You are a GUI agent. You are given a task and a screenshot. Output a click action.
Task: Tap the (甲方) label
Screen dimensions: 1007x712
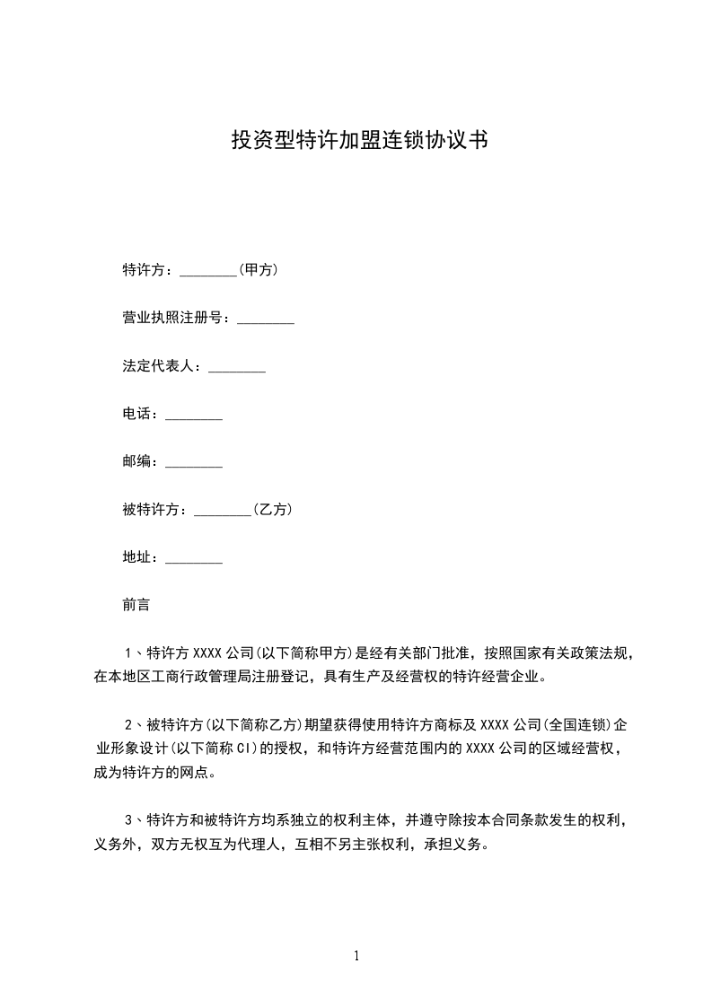click(x=258, y=269)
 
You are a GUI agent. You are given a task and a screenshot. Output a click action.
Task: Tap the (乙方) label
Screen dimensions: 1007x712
click(x=272, y=510)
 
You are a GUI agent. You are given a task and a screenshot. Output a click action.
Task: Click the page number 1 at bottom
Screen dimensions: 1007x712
click(x=356, y=956)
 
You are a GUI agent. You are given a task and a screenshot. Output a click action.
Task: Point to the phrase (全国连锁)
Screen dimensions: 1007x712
click(x=576, y=723)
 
